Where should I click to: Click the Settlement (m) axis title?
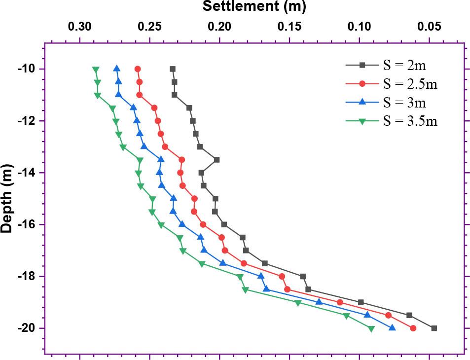(254, 6)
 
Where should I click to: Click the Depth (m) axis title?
(7, 199)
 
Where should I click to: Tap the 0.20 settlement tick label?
(219, 26)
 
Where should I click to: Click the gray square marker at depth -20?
(434, 328)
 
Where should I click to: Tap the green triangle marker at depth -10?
(96, 69)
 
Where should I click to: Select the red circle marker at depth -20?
(413, 328)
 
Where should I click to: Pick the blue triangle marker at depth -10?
(117, 69)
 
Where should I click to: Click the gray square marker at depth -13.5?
(217, 160)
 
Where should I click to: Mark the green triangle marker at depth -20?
(371, 329)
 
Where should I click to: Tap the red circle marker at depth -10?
(138, 69)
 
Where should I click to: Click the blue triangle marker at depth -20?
(392, 328)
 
